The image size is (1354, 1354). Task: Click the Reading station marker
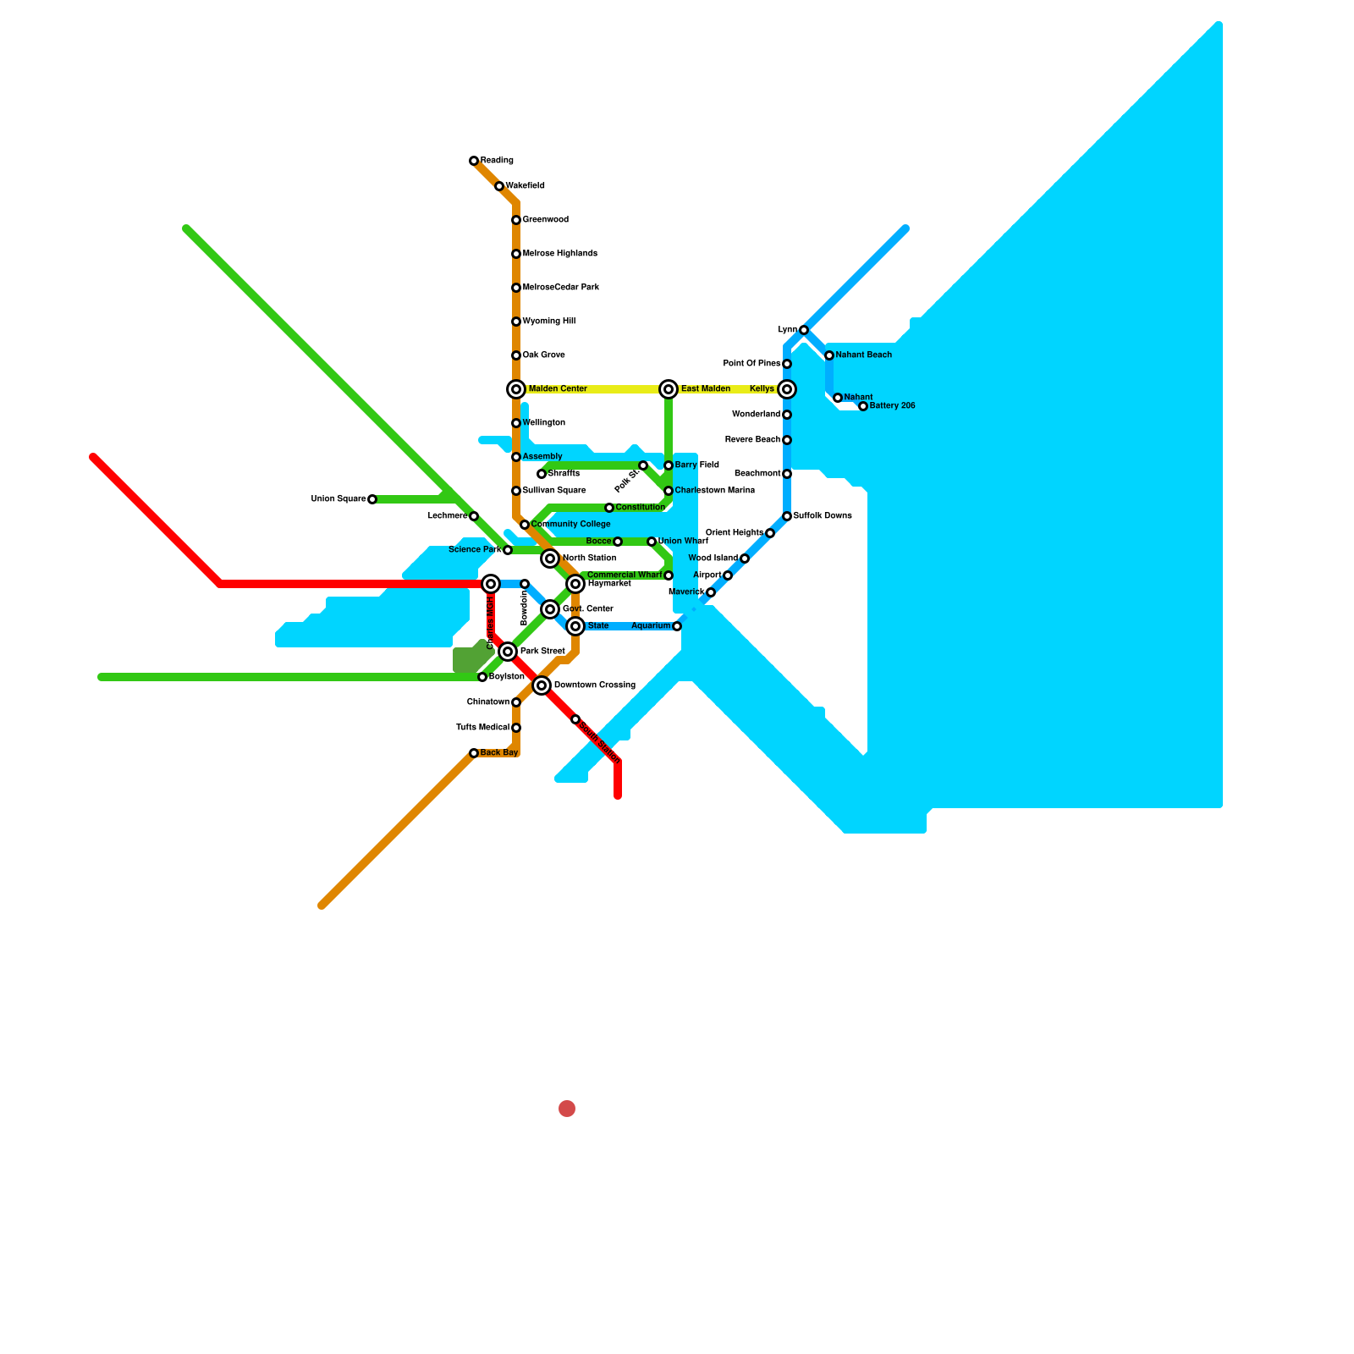pos(474,161)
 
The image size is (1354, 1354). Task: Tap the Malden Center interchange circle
pos(516,389)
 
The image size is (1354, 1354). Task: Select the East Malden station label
pos(705,389)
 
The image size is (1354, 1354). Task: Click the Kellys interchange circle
pos(787,389)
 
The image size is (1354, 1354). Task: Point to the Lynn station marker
pos(804,330)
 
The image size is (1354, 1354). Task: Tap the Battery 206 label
pos(892,406)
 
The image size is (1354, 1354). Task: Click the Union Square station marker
pos(372,499)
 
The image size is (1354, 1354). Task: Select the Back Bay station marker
pos(474,753)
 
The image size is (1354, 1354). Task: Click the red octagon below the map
pos(567,1109)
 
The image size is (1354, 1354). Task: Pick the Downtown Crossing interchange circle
pos(542,685)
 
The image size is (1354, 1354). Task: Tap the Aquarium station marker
pos(677,626)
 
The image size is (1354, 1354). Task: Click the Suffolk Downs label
pos(822,516)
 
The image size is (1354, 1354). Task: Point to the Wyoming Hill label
pos(548,322)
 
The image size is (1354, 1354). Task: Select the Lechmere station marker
pos(474,516)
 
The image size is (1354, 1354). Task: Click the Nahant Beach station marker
pos(829,355)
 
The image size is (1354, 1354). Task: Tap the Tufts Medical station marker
pos(516,728)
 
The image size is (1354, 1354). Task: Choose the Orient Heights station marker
pos(770,533)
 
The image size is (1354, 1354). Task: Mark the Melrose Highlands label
pos(559,254)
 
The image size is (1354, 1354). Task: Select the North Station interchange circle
pos(550,559)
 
